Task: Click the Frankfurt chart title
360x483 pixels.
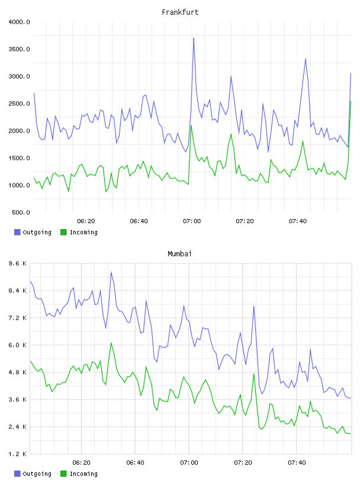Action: click(180, 12)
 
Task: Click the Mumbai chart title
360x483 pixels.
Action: click(179, 254)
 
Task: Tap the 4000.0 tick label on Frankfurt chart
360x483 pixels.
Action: click(19, 22)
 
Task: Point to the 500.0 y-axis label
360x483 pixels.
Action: click(21, 212)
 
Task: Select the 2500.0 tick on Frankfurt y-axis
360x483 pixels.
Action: click(19, 104)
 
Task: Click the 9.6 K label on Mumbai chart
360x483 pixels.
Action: click(18, 263)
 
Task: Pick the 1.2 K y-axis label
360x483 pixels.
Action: click(18, 454)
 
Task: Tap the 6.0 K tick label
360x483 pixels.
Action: click(18, 345)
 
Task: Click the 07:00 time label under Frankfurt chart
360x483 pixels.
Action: click(192, 221)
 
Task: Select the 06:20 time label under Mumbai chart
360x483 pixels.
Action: click(81, 462)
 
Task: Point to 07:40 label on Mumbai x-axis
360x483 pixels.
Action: click(297, 462)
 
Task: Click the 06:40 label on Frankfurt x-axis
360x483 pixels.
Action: click(139, 221)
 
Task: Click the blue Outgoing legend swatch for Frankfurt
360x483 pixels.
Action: click(17, 232)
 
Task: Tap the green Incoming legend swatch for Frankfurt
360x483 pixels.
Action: click(63, 232)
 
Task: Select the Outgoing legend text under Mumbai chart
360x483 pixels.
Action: click(37, 474)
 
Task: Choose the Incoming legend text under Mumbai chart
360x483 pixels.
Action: click(83, 474)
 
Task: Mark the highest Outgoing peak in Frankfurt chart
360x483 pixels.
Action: click(194, 38)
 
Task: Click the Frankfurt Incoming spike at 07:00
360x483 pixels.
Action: click(191, 125)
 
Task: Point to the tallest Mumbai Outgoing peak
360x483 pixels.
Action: click(111, 272)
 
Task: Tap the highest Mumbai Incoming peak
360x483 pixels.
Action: click(111, 343)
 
